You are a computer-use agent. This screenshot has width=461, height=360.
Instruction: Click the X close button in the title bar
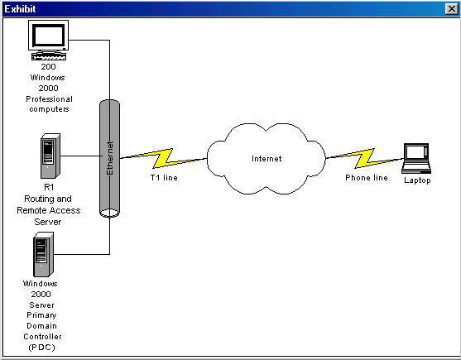coord(452,9)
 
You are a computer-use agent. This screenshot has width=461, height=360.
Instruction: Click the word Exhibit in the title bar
coord(21,9)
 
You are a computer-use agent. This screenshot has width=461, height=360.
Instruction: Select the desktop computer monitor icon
coord(49,36)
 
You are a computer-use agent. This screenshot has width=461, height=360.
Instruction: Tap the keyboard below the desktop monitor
coord(49,56)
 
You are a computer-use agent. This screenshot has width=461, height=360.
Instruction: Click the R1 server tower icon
coord(50,156)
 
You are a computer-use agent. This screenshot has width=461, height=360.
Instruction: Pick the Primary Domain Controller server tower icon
coord(43,255)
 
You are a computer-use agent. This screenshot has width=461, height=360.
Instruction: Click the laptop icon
coord(416,159)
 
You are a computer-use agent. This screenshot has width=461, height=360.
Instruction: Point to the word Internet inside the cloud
coord(267,159)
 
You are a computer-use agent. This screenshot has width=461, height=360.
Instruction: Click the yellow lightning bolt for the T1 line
coord(163,158)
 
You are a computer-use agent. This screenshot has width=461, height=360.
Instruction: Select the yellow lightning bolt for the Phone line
coord(364,158)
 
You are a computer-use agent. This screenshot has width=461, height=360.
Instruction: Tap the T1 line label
coord(164,178)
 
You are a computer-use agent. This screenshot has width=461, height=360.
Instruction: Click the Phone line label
coord(367,178)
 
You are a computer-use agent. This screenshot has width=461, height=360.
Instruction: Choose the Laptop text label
coord(417,180)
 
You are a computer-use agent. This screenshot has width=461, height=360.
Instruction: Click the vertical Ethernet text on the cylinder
coord(110,158)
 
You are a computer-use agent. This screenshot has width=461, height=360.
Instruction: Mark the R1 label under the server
coord(49,187)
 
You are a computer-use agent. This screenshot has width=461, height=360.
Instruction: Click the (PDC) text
coord(41,348)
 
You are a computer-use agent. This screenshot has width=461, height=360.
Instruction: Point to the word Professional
coord(49,99)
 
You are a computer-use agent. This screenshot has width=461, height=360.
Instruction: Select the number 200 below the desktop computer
coord(48,67)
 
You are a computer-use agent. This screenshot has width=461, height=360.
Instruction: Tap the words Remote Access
coord(49,210)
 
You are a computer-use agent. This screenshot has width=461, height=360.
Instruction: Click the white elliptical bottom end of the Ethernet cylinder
coord(110,213)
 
